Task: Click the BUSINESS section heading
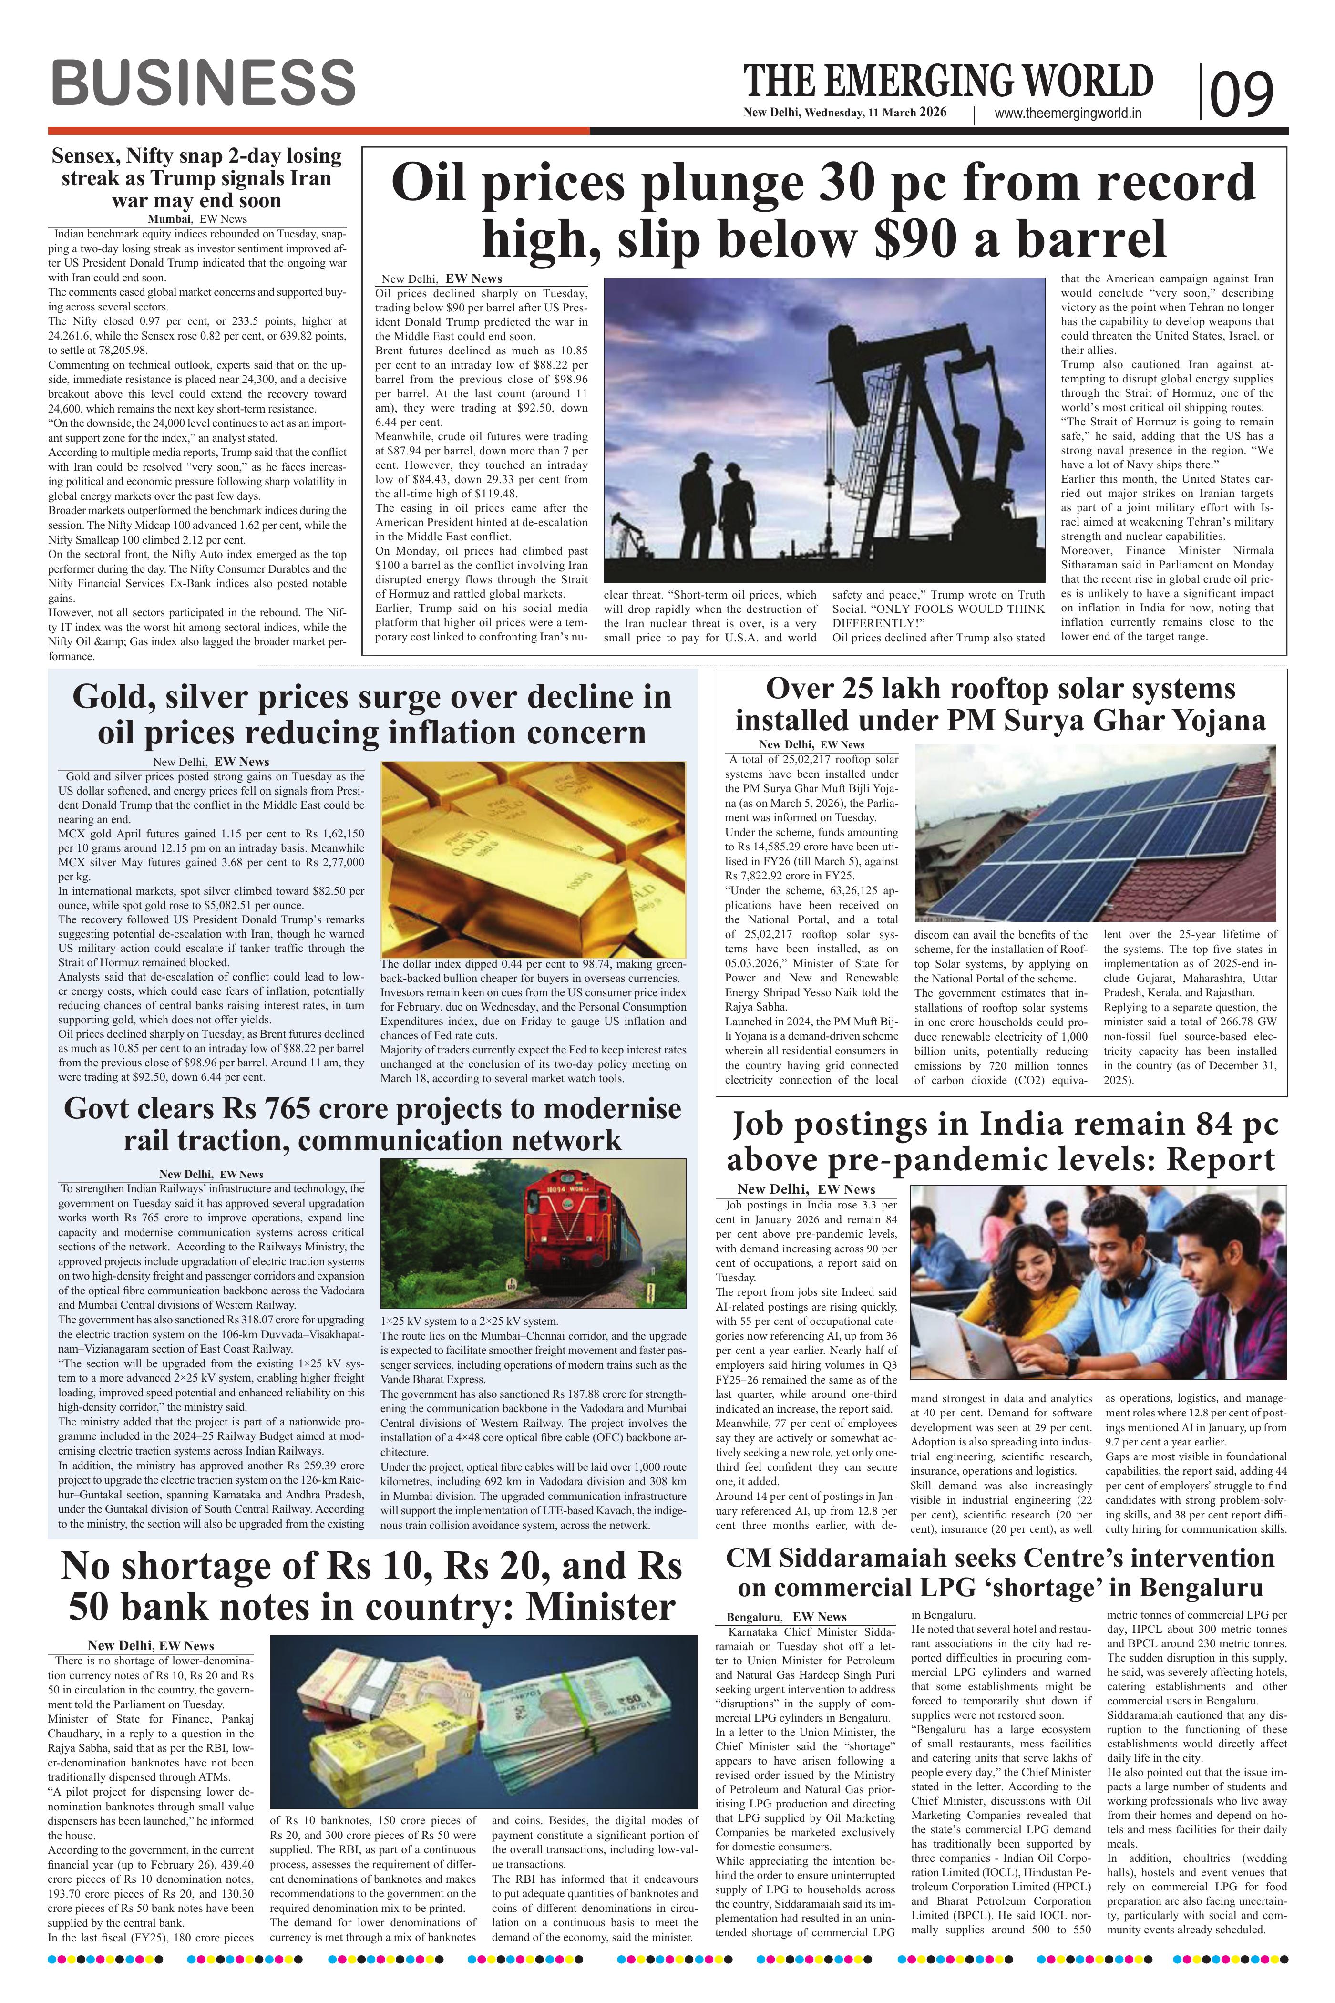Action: tap(203, 83)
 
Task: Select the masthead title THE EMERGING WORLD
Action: tap(948, 82)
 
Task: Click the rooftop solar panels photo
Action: tap(1094, 835)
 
